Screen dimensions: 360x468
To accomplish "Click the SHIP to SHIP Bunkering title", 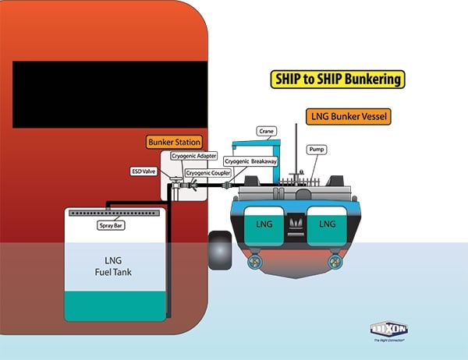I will [338, 79].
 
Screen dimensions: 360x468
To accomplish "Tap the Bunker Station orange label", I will [175, 143].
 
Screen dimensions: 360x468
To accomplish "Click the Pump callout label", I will [317, 148].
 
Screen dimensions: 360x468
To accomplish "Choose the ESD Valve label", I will [143, 170].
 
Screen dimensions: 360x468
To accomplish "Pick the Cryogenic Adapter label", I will [194, 156].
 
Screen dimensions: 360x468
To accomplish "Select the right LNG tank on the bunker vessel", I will [327, 224].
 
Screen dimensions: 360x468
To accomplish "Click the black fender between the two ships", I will [220, 250].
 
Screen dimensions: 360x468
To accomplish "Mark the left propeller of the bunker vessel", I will [253, 262].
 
